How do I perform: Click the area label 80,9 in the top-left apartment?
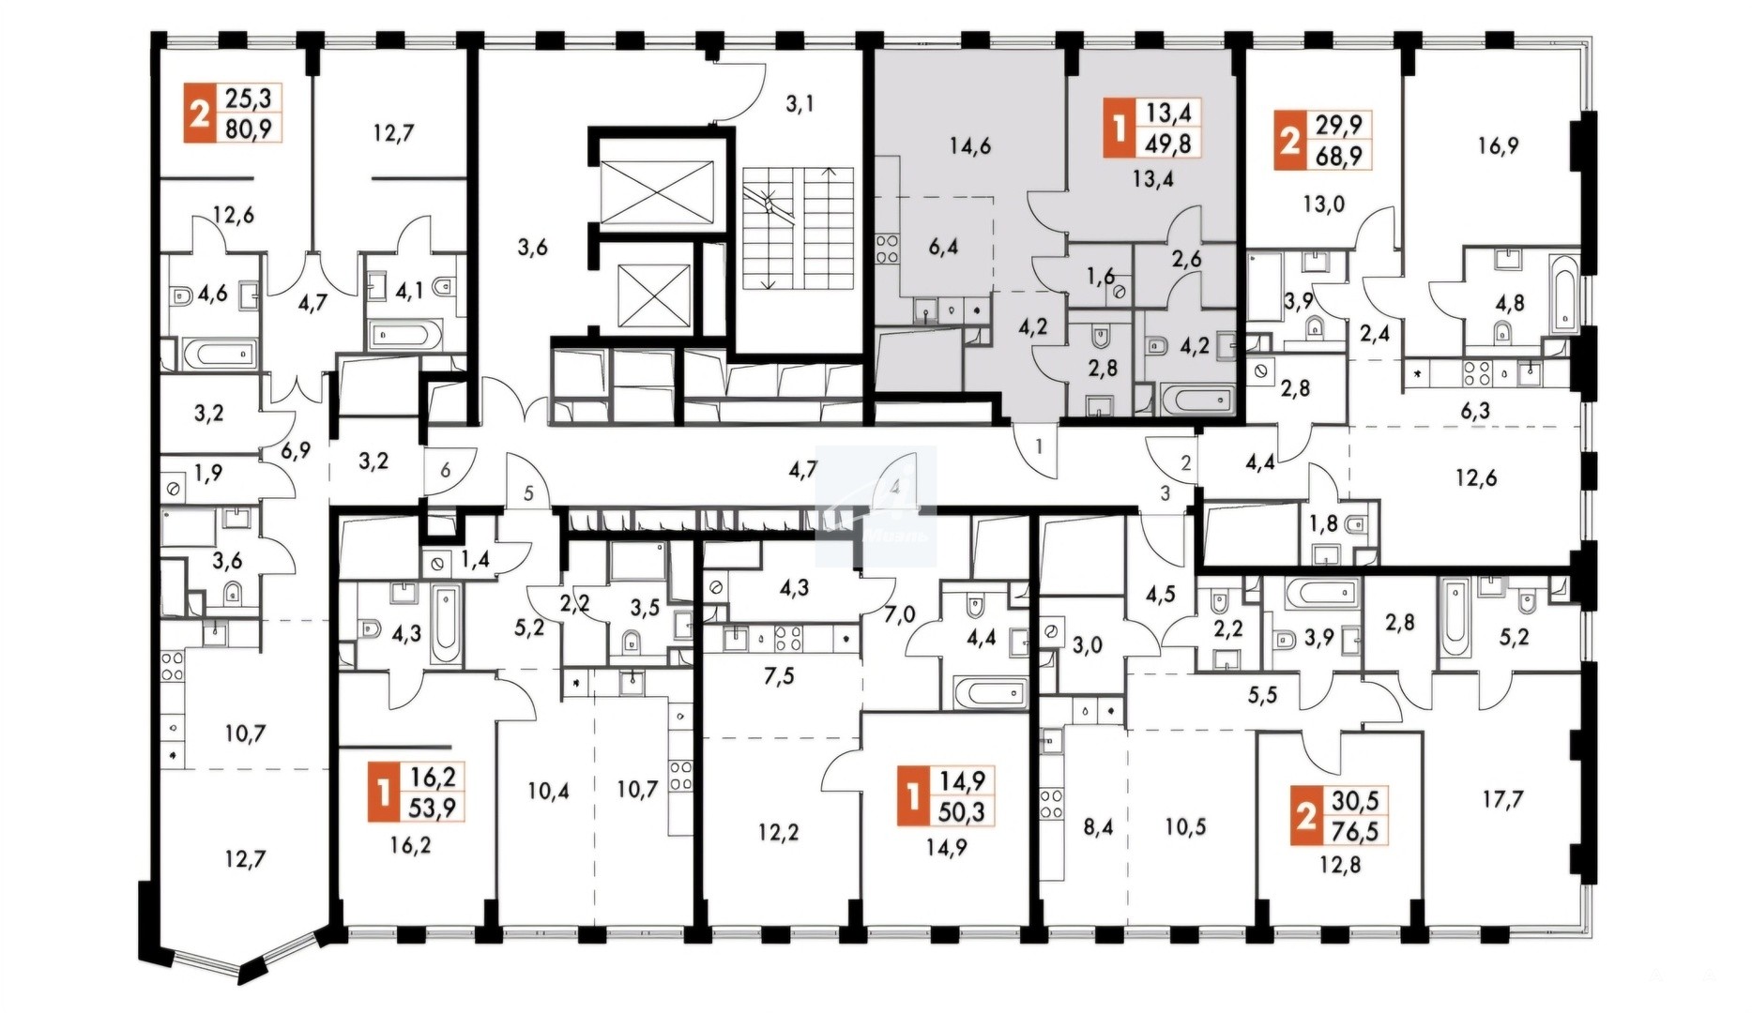pos(249,128)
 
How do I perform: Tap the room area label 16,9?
pos(1498,145)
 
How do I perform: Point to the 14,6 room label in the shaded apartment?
pos(970,145)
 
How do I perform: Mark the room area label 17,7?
pos(1502,799)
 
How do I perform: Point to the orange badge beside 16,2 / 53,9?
pos(382,792)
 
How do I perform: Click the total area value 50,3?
pos(962,811)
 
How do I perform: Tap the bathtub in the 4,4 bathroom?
pos(991,694)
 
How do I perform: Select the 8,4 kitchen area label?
pos(1097,827)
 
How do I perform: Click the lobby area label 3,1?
pos(800,103)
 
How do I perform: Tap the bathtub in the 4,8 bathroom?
pos(1564,294)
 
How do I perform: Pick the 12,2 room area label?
pos(779,832)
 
